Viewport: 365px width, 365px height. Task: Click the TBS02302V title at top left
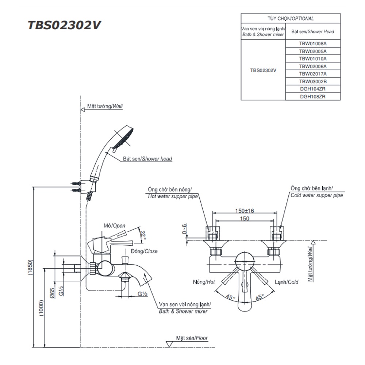[x=64, y=25]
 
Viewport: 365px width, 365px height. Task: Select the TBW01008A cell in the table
[x=312, y=43]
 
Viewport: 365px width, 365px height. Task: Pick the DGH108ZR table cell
[x=312, y=97]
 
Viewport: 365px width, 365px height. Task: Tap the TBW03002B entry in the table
[x=312, y=81]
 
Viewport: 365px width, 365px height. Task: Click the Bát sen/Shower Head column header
[x=312, y=32]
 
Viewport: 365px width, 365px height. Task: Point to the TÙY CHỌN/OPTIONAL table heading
[x=291, y=19]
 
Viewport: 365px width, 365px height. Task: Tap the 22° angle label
[x=143, y=235]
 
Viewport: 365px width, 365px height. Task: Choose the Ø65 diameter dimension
[x=52, y=293]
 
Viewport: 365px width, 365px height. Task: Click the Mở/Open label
[x=114, y=226]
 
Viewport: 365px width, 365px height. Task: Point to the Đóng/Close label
[x=144, y=251]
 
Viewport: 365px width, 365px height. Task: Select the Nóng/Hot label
[x=204, y=282]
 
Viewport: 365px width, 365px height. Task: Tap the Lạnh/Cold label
[x=287, y=282]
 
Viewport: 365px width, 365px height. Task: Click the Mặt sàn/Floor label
[x=192, y=338]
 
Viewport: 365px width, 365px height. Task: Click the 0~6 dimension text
[x=185, y=229]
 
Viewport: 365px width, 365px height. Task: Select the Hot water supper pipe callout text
[x=173, y=196]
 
